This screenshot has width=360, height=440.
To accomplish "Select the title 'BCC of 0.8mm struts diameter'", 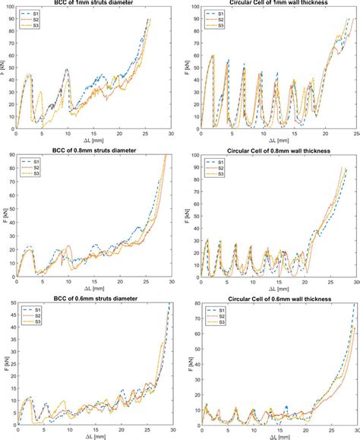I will click(93, 150).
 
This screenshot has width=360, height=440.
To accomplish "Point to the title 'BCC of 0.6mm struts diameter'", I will click(93, 298).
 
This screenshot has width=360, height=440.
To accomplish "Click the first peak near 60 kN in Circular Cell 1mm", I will click(213, 55).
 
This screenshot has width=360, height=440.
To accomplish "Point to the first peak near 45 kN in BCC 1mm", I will click(29, 74).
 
